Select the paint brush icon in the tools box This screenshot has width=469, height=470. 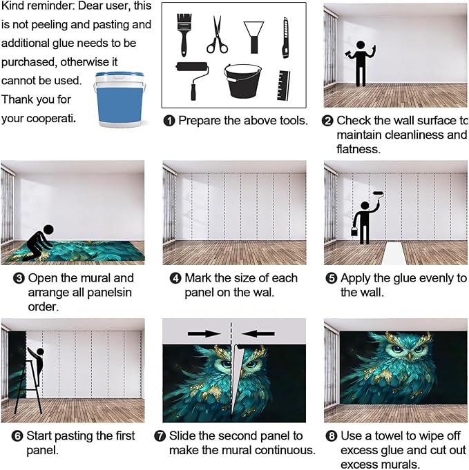(x=184, y=32)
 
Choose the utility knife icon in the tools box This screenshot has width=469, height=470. (x=285, y=38)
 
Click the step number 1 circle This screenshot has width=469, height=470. (x=169, y=121)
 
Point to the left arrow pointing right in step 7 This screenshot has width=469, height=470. (x=204, y=333)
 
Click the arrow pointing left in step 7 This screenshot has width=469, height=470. (x=258, y=333)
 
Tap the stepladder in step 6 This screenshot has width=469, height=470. (x=26, y=383)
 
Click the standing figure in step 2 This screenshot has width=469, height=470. (x=361, y=62)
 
